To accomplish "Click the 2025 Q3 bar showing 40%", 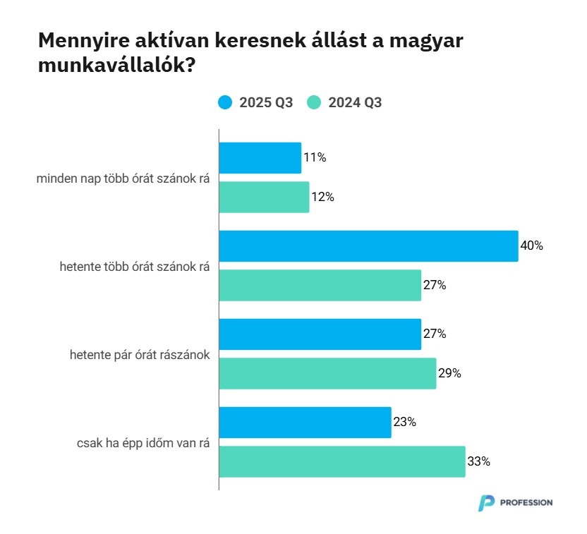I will pyautogui.click(x=368, y=246).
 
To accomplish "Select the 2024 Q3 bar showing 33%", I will pyautogui.click(x=341, y=461).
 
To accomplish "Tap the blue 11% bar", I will pyautogui.click(x=260, y=158).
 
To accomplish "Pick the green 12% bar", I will pyautogui.click(x=264, y=197).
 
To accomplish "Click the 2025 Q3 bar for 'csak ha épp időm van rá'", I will pyautogui.click(x=305, y=423).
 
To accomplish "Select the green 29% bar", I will pyautogui.click(x=327, y=373).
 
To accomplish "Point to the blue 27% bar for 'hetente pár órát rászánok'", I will pyautogui.click(x=320, y=334).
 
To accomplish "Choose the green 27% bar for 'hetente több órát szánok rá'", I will pyautogui.click(x=320, y=285).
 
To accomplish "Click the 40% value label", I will pyautogui.click(x=531, y=246).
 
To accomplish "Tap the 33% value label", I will pyautogui.click(x=478, y=462).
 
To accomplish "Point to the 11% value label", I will pyautogui.click(x=315, y=158).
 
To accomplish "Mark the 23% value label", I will pyautogui.click(x=404, y=423).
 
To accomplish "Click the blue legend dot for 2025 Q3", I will pyautogui.click(x=225, y=102).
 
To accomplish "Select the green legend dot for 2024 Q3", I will pyautogui.click(x=314, y=102).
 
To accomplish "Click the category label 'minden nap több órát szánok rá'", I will pyautogui.click(x=123, y=178).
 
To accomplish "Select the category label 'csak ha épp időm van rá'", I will pyautogui.click(x=143, y=442).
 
